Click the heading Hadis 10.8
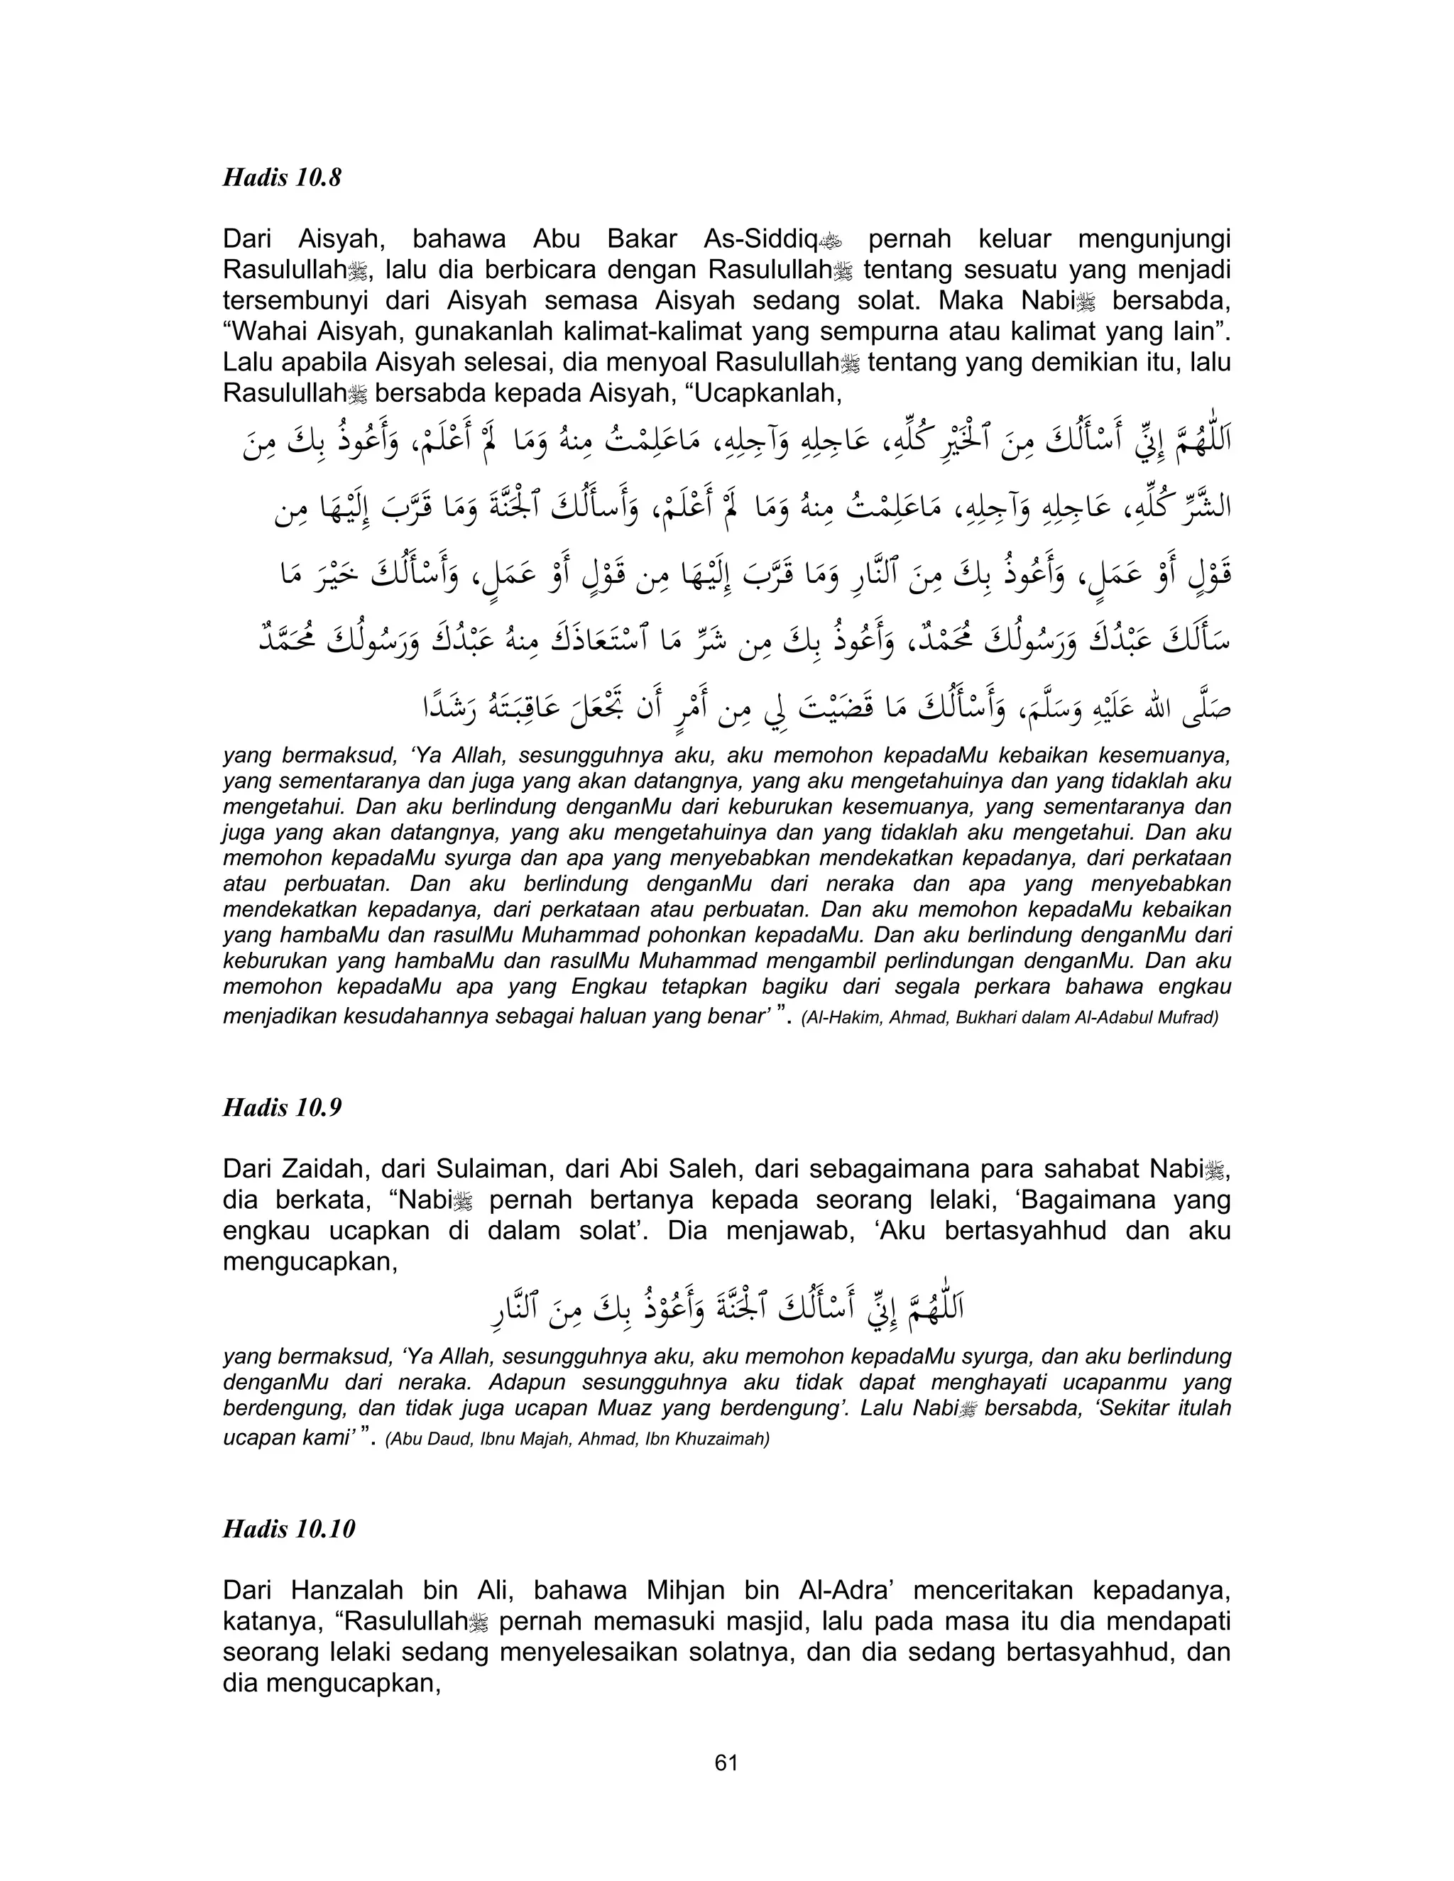(282, 177)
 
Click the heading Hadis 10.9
(282, 1107)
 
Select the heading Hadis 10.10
(288, 1529)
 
